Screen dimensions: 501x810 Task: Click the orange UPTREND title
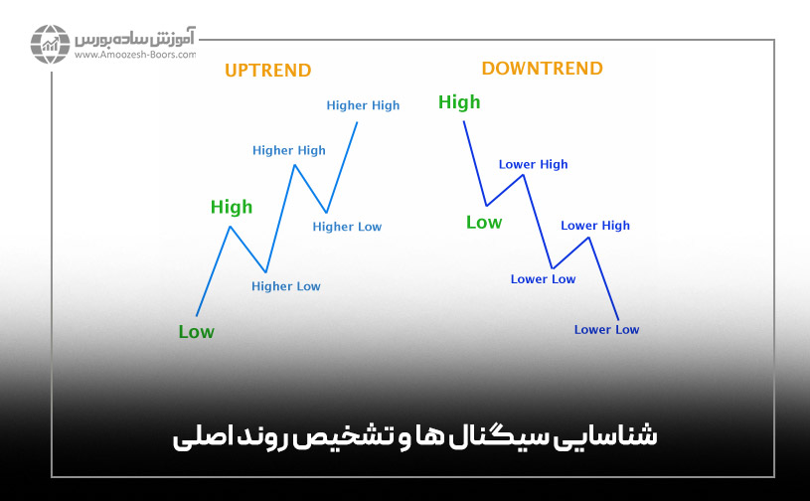267,71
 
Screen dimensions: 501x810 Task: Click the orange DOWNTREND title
542,69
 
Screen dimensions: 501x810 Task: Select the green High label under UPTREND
232,207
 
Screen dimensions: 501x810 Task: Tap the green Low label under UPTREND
196,332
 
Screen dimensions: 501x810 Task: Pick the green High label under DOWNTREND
459,101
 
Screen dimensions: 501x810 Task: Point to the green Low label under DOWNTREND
484,223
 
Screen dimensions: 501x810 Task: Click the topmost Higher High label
363,105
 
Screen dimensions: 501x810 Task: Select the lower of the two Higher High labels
288,151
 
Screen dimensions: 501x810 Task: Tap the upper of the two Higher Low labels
347,227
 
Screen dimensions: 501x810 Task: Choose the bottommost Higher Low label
286,286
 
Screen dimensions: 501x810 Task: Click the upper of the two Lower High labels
533,165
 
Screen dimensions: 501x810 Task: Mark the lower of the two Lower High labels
595,226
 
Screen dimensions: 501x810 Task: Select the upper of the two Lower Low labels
543,279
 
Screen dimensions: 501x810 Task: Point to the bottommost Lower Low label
606,330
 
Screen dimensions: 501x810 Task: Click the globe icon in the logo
49,45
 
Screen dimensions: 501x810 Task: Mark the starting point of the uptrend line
197,315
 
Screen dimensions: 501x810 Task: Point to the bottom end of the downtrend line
618,319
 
